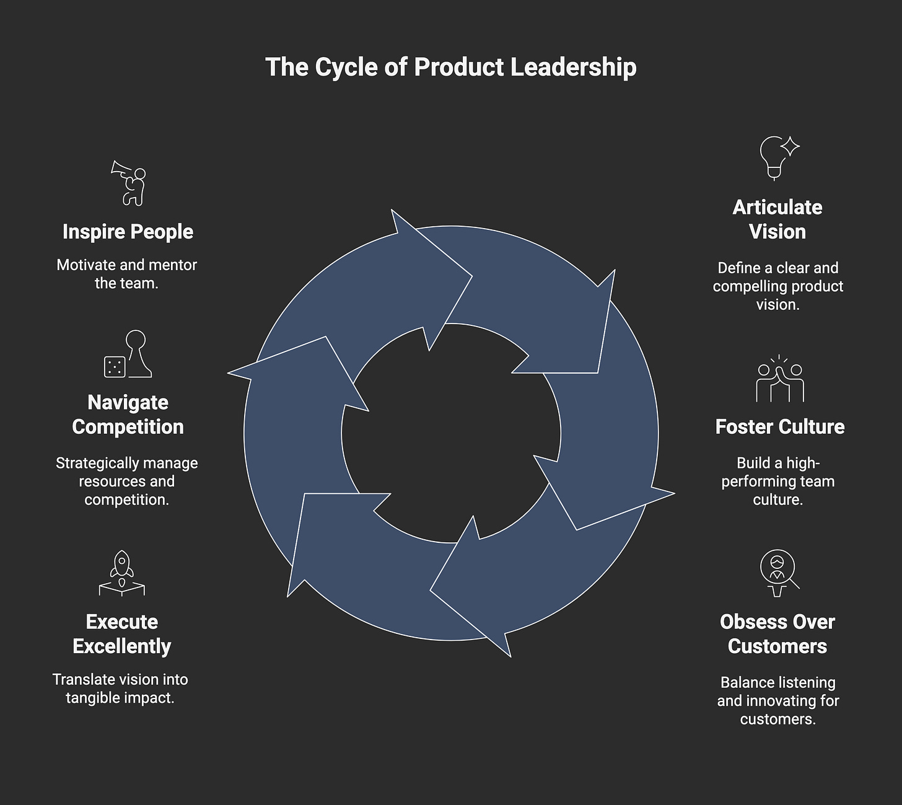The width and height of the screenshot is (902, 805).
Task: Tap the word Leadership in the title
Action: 573,67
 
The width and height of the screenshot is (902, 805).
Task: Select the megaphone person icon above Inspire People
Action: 129,183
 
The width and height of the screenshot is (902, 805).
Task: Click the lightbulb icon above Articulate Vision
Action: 778,157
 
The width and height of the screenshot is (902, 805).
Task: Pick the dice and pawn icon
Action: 128,354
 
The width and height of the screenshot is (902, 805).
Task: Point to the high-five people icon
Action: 779,379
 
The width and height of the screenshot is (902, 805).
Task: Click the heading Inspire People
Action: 128,232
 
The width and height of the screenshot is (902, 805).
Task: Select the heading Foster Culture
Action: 779,426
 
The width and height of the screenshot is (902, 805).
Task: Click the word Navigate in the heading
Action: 128,402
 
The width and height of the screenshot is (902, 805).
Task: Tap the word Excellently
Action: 122,646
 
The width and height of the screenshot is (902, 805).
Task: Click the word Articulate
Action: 777,207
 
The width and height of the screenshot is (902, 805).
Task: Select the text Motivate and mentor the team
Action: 127,274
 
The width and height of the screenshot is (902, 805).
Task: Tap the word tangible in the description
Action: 92,697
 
